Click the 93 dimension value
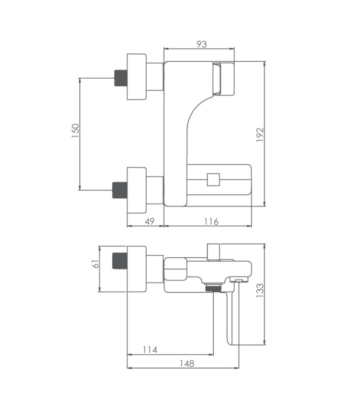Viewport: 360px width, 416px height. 202,44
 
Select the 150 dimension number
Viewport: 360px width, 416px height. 75,130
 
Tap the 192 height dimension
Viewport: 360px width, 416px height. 260,134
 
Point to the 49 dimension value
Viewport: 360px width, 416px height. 150,221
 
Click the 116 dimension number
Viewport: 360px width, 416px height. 211,221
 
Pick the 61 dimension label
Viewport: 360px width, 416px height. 95,264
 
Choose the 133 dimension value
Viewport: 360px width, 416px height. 260,290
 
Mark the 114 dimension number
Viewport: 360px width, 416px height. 150,350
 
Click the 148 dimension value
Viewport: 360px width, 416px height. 187,363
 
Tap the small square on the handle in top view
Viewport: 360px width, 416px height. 213,180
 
